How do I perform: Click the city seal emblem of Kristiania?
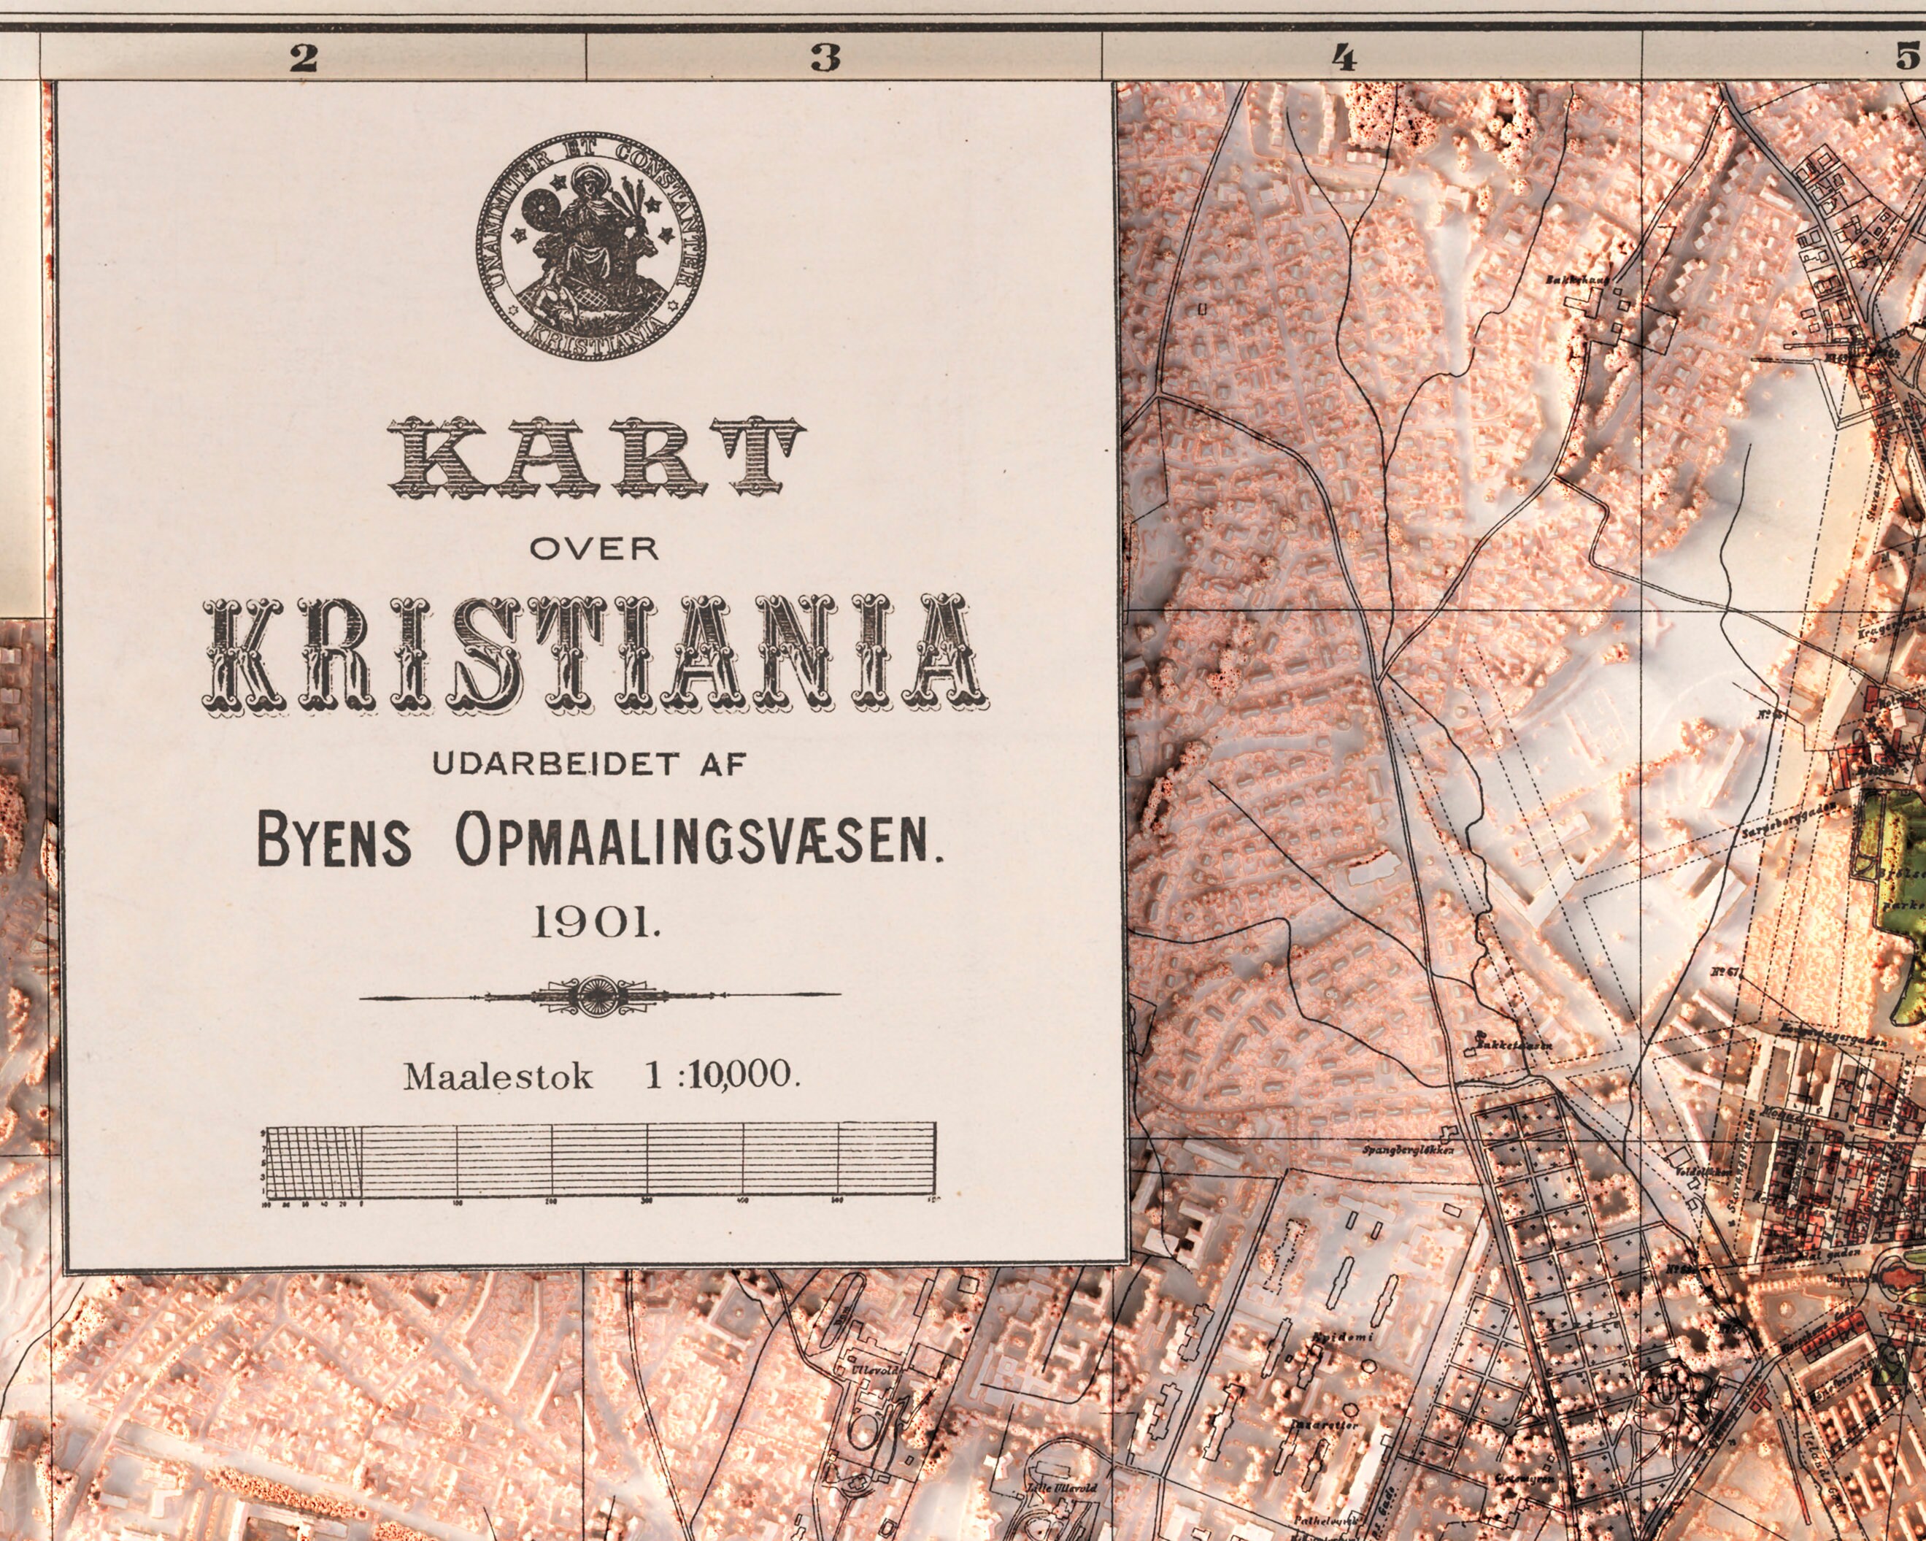591,247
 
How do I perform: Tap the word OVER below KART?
594,548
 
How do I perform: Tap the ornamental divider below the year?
598,995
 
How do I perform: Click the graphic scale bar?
598,1161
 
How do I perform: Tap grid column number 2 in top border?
303,59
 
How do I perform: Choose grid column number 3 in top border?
825,59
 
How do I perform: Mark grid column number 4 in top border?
1344,59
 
